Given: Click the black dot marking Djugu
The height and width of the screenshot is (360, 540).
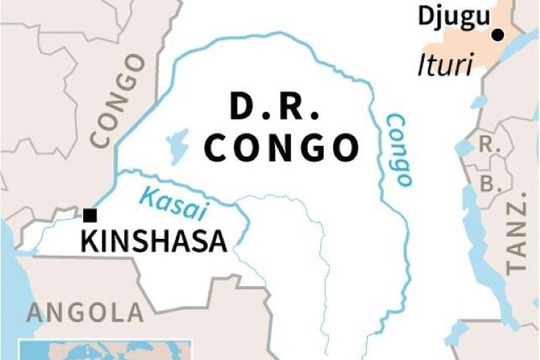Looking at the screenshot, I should pos(498,34).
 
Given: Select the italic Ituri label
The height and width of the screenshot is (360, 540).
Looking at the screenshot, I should pos(444,66).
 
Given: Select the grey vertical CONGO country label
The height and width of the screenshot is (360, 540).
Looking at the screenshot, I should pos(117,100).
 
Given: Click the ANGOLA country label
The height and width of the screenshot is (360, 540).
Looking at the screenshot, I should pos(85,313).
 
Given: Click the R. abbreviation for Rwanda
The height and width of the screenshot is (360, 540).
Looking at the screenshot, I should pos(487,144).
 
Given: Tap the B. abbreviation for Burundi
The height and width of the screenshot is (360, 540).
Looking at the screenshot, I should pos(487,184).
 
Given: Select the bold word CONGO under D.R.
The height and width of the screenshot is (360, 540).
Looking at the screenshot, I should pos(282,146).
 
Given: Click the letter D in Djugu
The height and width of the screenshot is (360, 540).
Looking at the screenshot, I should pos(424,15).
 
